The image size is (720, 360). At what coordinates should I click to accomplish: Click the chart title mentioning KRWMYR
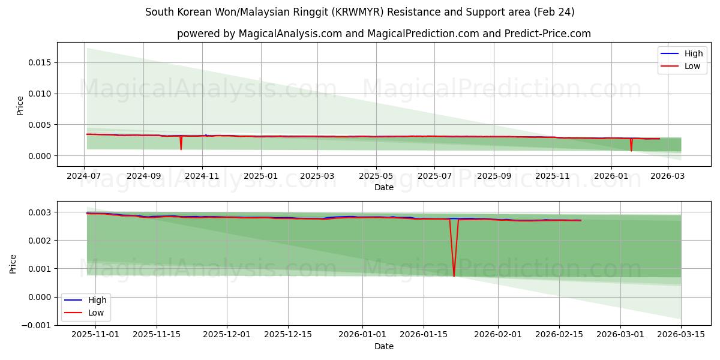(359, 12)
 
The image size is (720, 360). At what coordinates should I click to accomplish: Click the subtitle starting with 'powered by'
(383, 34)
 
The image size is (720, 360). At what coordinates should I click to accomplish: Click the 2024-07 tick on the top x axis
(84, 176)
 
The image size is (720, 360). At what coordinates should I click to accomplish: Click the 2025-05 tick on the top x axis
(376, 176)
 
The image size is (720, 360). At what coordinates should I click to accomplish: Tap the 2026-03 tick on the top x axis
(668, 176)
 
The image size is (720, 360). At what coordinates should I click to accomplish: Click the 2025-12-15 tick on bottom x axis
(288, 335)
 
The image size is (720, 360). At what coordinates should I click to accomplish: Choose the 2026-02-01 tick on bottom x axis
(499, 335)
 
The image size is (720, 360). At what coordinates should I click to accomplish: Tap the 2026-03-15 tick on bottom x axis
(681, 335)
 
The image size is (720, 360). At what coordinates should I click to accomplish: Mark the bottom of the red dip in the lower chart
(454, 276)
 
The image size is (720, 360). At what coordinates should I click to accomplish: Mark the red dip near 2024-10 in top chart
(181, 148)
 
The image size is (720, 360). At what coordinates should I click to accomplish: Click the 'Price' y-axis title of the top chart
(20, 106)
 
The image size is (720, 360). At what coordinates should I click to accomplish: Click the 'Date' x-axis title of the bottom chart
(383, 346)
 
